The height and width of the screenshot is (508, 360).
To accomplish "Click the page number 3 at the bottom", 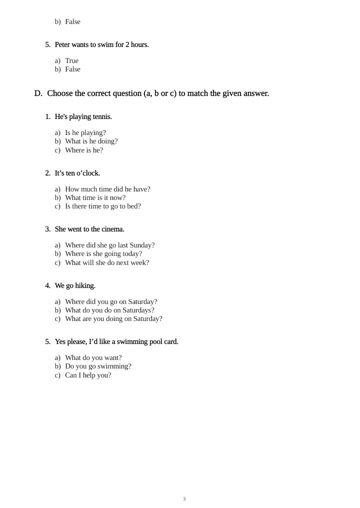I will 184,499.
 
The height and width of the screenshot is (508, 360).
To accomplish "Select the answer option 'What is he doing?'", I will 91,141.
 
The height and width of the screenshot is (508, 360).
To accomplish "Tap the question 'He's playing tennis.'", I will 83,117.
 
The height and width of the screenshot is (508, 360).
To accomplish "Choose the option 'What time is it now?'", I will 95,198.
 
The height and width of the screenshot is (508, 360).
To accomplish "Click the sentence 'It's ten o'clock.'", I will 77,173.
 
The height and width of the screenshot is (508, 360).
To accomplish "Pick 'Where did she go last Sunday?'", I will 109,245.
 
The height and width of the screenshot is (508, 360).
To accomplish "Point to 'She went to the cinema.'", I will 89,229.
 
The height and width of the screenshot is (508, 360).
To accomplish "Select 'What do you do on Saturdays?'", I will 109,310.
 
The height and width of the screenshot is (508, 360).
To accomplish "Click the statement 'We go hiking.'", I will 75,286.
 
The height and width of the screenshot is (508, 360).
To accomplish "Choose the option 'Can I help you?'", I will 88,375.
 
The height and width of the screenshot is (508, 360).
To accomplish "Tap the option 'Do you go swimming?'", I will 98,366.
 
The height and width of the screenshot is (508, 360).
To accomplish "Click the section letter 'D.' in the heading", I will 38,93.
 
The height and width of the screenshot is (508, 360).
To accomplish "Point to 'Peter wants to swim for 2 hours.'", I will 101,45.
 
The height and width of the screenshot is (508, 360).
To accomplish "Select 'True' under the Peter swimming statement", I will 71,61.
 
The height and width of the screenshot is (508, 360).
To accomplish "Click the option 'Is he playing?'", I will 85,133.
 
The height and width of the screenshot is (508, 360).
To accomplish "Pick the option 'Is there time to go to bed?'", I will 102,206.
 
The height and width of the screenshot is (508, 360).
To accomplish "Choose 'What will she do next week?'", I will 106,263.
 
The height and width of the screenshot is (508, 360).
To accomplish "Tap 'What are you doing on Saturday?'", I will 113,319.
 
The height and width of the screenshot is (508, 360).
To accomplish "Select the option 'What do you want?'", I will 93,358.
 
